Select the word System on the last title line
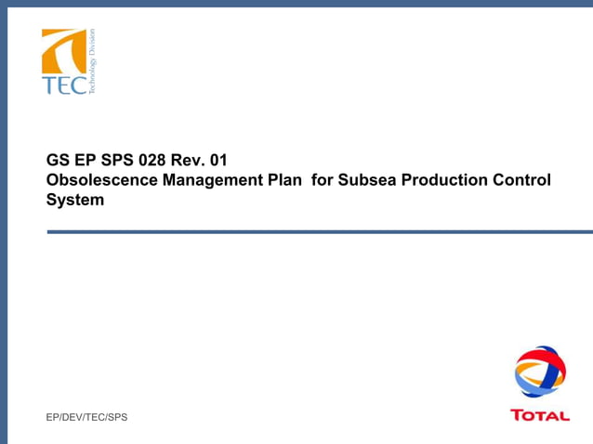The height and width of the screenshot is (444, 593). (x=75, y=200)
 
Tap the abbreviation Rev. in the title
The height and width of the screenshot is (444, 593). (x=189, y=160)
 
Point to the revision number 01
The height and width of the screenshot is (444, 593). (x=219, y=160)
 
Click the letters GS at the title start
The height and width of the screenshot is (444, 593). (x=58, y=160)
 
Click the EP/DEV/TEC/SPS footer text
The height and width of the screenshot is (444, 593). (x=86, y=417)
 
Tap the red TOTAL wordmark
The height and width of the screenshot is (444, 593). (x=540, y=415)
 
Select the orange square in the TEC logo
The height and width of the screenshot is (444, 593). (x=63, y=51)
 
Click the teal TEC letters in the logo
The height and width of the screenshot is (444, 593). (x=63, y=85)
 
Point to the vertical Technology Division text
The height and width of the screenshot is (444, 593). (x=92, y=61)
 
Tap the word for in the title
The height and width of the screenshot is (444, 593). (x=322, y=179)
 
